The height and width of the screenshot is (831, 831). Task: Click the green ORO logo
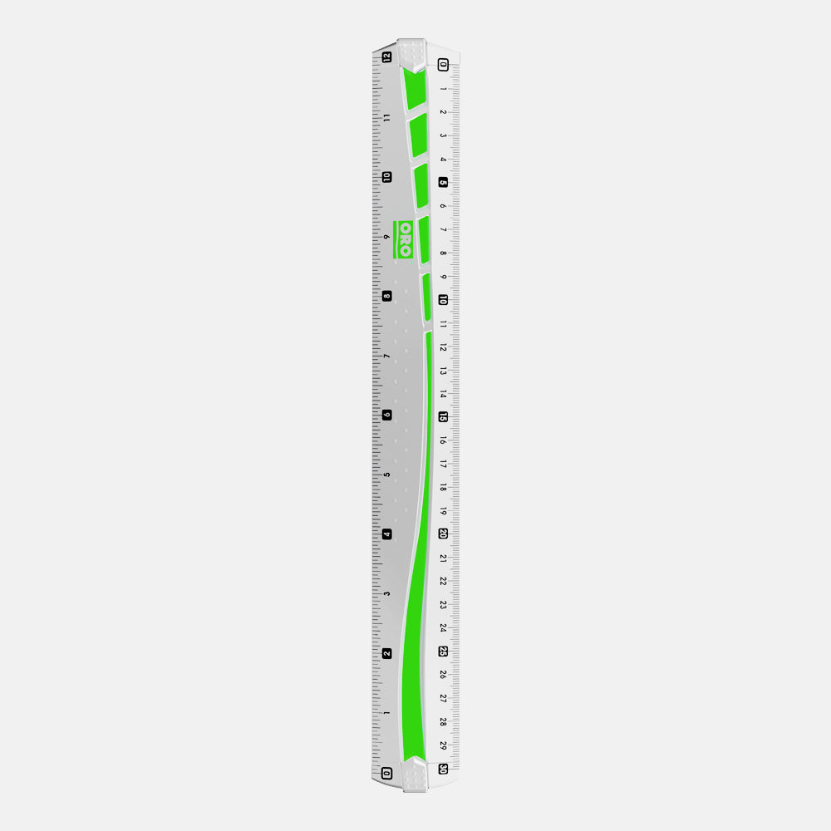point(405,238)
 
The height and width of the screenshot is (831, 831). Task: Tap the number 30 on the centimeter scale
point(444,769)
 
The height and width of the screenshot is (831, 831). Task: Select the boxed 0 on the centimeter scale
point(443,65)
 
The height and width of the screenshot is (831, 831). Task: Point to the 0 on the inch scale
point(386,773)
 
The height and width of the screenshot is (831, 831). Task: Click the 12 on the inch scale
point(386,57)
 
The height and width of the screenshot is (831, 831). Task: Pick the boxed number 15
point(443,417)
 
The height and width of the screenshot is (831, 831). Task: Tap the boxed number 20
point(443,534)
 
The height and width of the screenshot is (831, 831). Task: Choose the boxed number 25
point(443,651)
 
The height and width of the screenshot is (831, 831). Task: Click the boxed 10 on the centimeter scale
point(443,300)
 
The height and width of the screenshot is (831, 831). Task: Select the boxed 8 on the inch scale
point(386,296)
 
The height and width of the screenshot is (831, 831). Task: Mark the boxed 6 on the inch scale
point(386,415)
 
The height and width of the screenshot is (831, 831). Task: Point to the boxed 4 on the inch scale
point(386,534)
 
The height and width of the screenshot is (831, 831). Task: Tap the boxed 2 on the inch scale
point(386,653)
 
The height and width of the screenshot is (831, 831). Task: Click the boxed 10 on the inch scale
point(386,177)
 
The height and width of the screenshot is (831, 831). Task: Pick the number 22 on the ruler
point(443,581)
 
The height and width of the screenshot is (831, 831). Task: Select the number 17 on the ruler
point(443,464)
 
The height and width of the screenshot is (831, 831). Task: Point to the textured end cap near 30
point(415,774)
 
